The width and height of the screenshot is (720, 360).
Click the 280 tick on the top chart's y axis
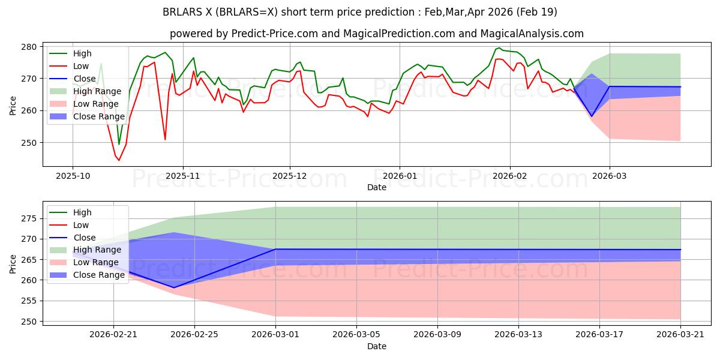(29, 47)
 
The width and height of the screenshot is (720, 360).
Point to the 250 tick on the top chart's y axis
(29, 143)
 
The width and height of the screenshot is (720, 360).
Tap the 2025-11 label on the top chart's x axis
(183, 176)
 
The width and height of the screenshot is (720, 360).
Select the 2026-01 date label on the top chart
(400, 176)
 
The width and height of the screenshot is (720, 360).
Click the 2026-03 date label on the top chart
(610, 176)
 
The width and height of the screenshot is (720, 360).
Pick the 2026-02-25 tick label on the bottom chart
(194, 335)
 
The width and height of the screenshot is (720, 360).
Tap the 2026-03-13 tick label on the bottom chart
(518, 335)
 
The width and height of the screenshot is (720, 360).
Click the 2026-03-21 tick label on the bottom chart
(680, 335)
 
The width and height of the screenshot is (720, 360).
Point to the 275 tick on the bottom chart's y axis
(29, 219)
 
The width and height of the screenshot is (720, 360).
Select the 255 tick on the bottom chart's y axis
(29, 301)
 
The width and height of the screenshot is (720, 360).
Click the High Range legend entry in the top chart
(85, 92)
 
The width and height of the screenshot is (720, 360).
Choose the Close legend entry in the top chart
(73, 79)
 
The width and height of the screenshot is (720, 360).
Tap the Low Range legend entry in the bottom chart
(84, 263)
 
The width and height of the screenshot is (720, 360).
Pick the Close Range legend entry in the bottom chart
(87, 275)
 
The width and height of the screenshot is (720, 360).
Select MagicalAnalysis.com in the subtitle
(532, 34)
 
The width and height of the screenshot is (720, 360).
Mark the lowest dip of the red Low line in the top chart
(119, 160)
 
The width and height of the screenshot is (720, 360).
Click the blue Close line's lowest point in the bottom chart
(174, 287)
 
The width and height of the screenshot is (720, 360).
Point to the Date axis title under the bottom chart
(377, 346)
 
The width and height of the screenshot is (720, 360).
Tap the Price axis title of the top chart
(13, 106)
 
